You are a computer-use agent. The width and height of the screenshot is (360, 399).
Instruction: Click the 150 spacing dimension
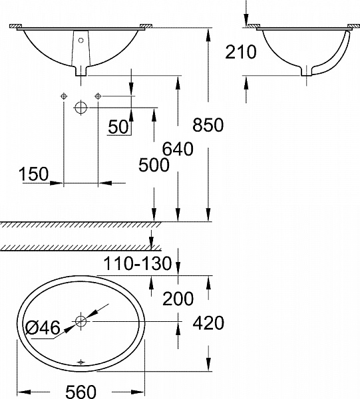(x=34, y=174)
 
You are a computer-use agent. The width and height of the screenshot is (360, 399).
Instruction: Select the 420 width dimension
(x=208, y=323)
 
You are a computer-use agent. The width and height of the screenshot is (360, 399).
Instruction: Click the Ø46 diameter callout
(x=44, y=327)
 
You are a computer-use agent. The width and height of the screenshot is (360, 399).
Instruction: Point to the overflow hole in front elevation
(x=81, y=41)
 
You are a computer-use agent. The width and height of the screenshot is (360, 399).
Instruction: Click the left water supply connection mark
(x=63, y=96)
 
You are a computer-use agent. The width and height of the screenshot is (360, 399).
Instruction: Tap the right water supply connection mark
(x=98, y=96)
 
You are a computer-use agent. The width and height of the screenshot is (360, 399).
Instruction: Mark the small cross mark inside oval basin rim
(x=81, y=362)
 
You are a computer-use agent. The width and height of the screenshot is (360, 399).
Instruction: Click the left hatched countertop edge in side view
(x=253, y=27)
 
